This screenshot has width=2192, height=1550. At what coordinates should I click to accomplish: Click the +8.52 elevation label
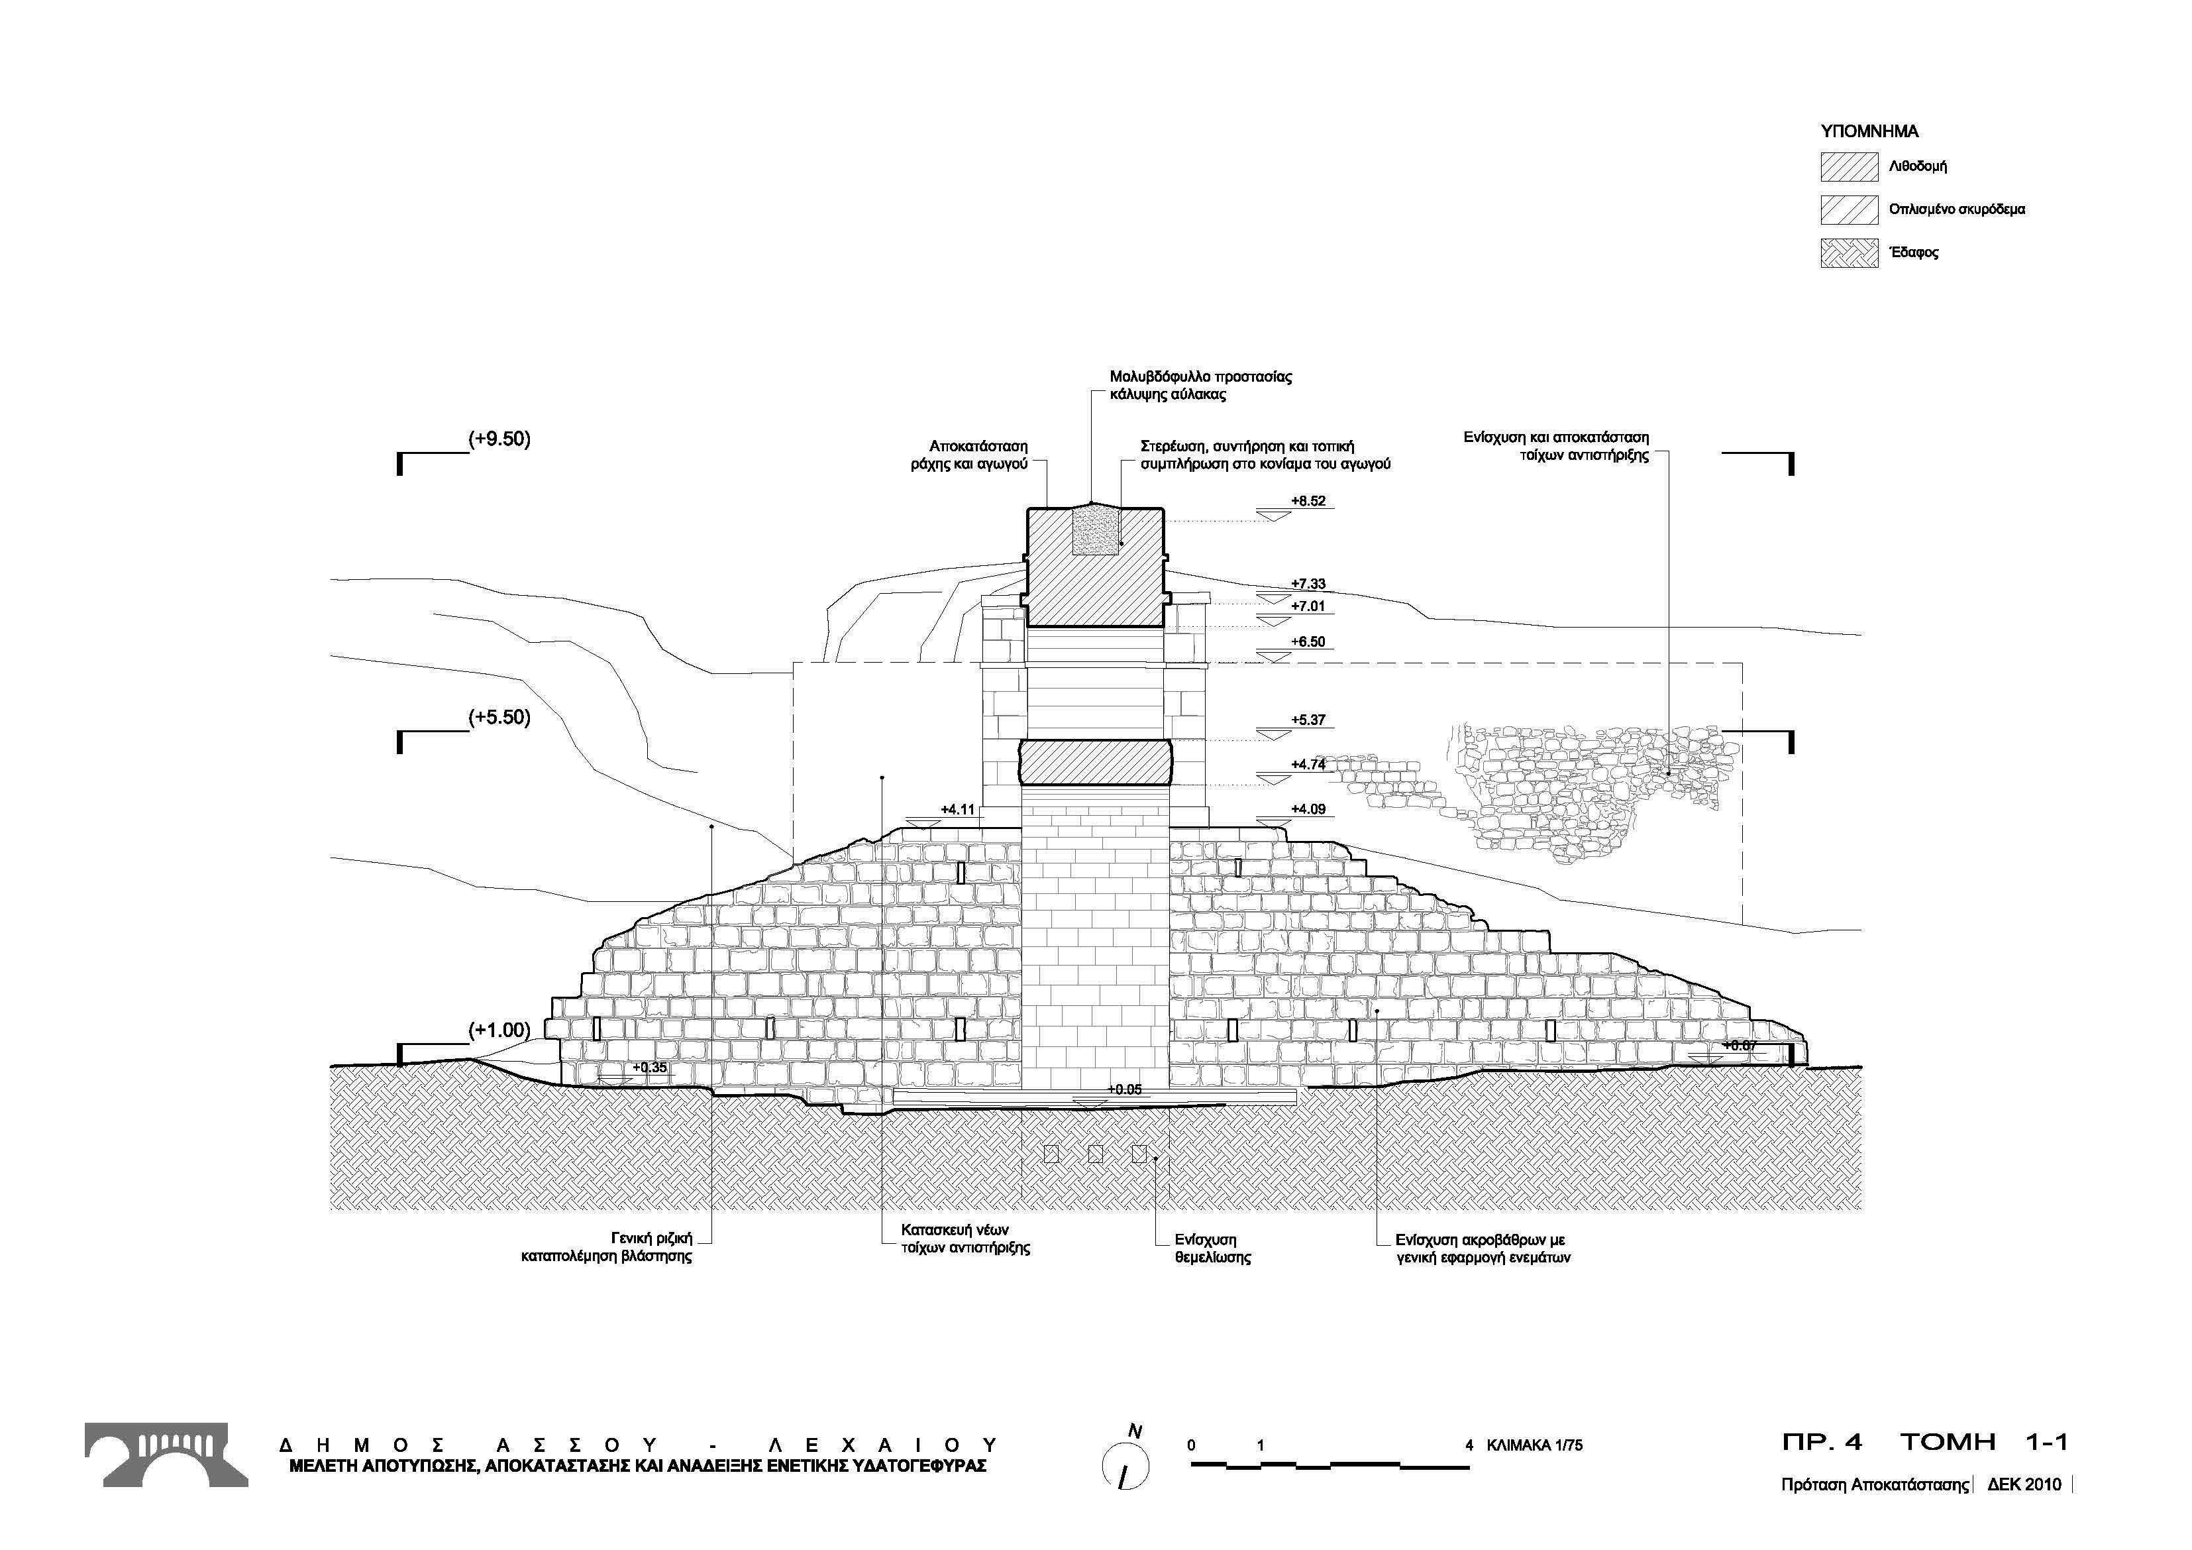coord(1308,500)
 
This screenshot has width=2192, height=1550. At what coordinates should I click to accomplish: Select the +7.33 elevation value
coord(1308,584)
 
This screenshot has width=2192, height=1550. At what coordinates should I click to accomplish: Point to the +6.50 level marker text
coord(1308,641)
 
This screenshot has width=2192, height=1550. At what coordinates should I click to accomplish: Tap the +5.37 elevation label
coord(1308,720)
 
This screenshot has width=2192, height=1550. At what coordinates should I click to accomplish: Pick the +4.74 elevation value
coord(1308,764)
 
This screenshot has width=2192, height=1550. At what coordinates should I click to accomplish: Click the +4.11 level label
coord(958,810)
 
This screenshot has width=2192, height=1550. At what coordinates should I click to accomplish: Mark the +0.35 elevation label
coord(649,1068)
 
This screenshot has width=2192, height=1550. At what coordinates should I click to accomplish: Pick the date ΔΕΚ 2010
coord(2024,1485)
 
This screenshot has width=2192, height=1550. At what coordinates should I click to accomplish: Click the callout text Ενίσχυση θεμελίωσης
coord(1212,1249)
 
